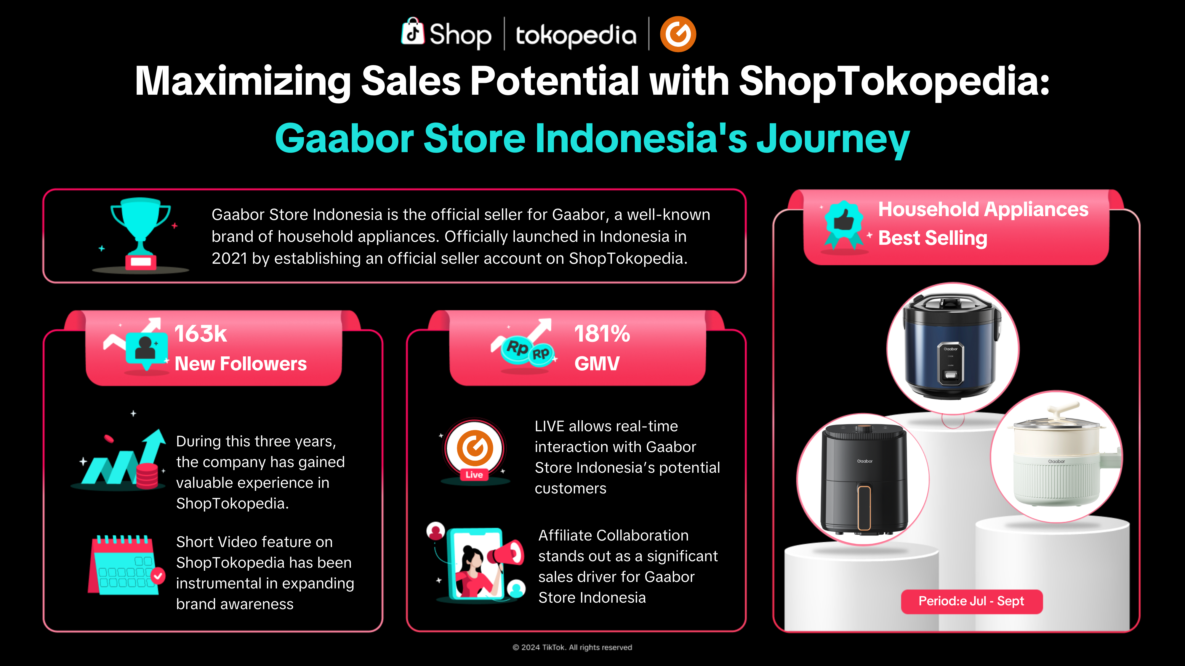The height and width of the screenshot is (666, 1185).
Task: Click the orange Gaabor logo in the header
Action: tap(678, 34)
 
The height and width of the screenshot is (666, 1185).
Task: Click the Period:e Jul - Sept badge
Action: tap(972, 601)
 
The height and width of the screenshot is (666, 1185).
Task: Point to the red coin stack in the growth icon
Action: tap(147, 476)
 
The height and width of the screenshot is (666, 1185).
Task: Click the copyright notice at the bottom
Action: tap(572, 647)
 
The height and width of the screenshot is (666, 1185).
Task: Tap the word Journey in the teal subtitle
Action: tap(833, 139)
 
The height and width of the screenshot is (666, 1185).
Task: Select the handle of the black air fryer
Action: tap(864, 507)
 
